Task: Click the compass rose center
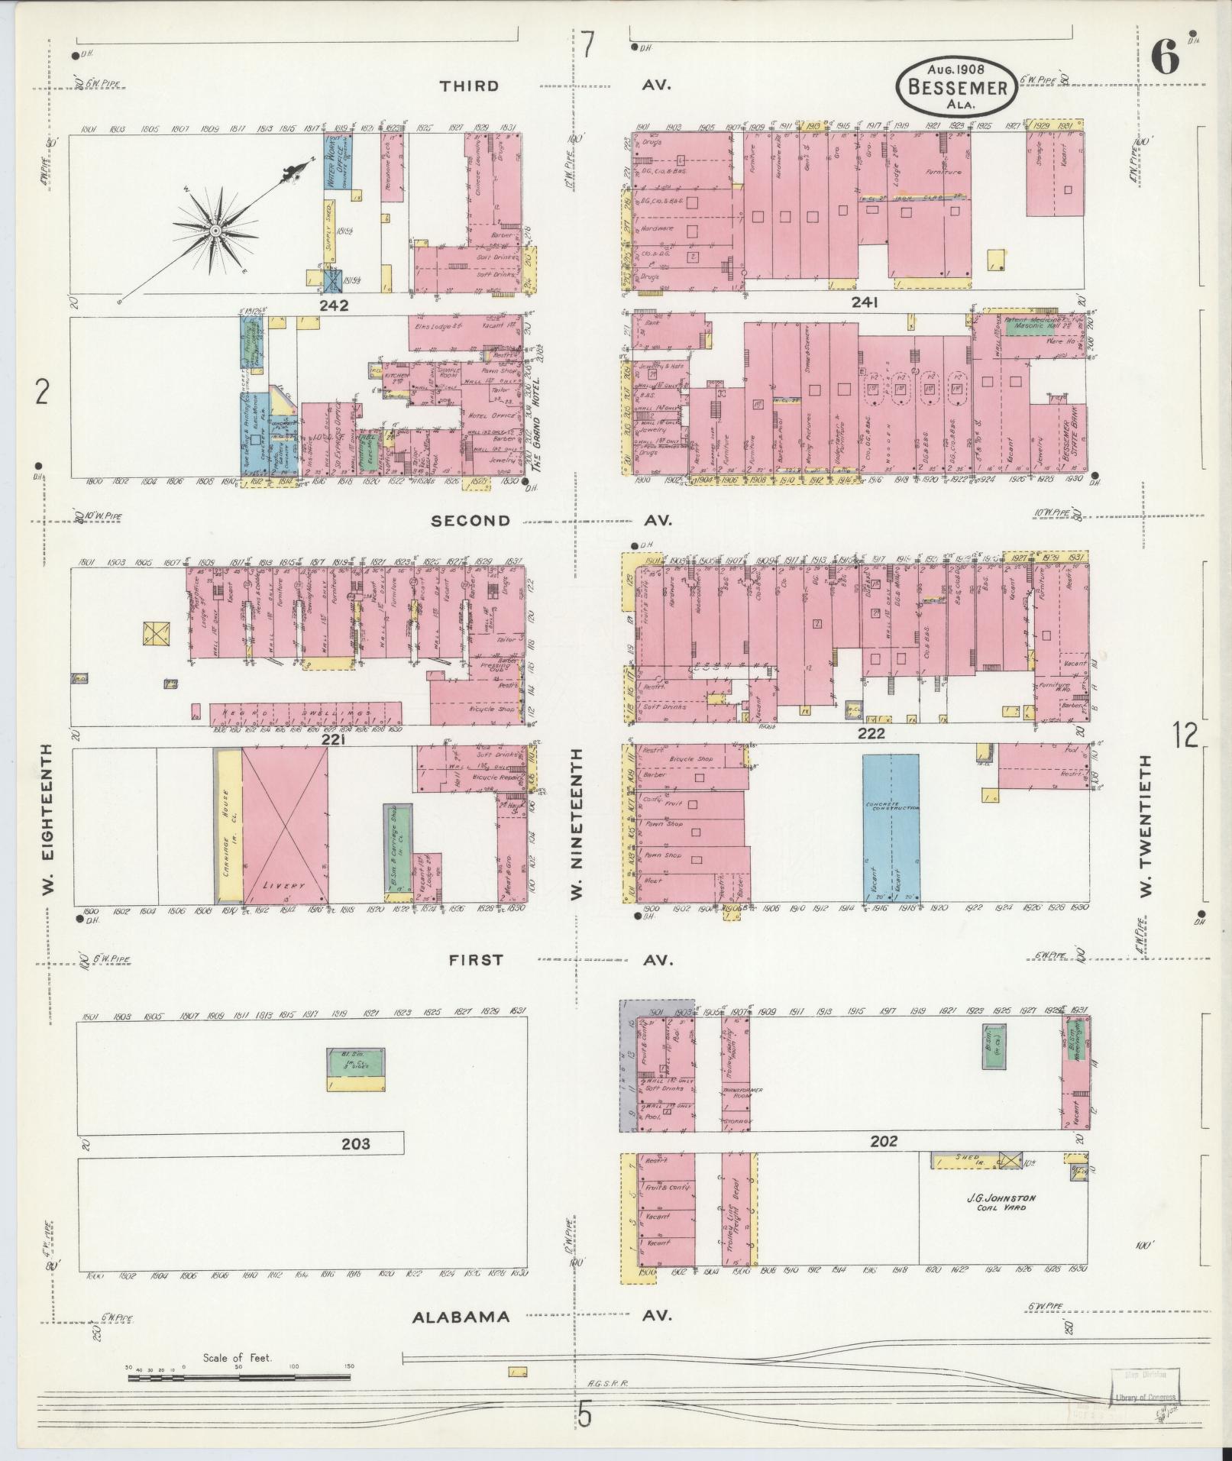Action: (216, 230)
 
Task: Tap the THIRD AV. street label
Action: (469, 86)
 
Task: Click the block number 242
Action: (335, 305)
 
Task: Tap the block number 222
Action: (871, 734)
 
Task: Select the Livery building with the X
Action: (285, 826)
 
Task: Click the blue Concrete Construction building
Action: (891, 827)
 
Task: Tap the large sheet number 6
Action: (1164, 60)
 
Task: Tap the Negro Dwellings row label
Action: (306, 713)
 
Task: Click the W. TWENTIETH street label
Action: (1145, 827)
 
